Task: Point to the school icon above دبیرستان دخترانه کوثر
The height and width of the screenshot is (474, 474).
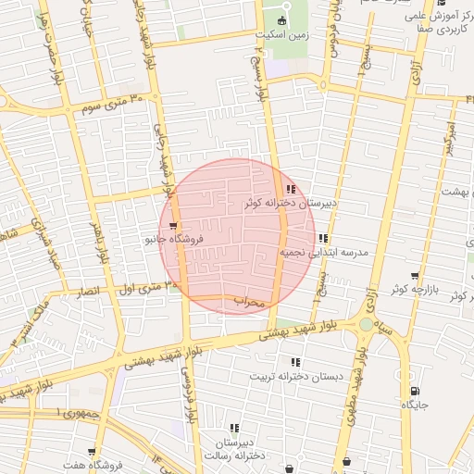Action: tap(291, 189)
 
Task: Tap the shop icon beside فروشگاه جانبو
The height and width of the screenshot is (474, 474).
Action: tap(173, 225)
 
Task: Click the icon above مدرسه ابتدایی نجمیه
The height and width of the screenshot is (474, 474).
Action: tap(322, 238)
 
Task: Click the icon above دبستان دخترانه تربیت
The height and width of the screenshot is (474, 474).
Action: tap(295, 362)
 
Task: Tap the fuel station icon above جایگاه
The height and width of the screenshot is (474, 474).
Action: tap(415, 392)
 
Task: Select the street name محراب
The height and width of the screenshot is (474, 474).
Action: tap(248, 301)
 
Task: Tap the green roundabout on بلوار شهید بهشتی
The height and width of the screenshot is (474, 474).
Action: tap(366, 324)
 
